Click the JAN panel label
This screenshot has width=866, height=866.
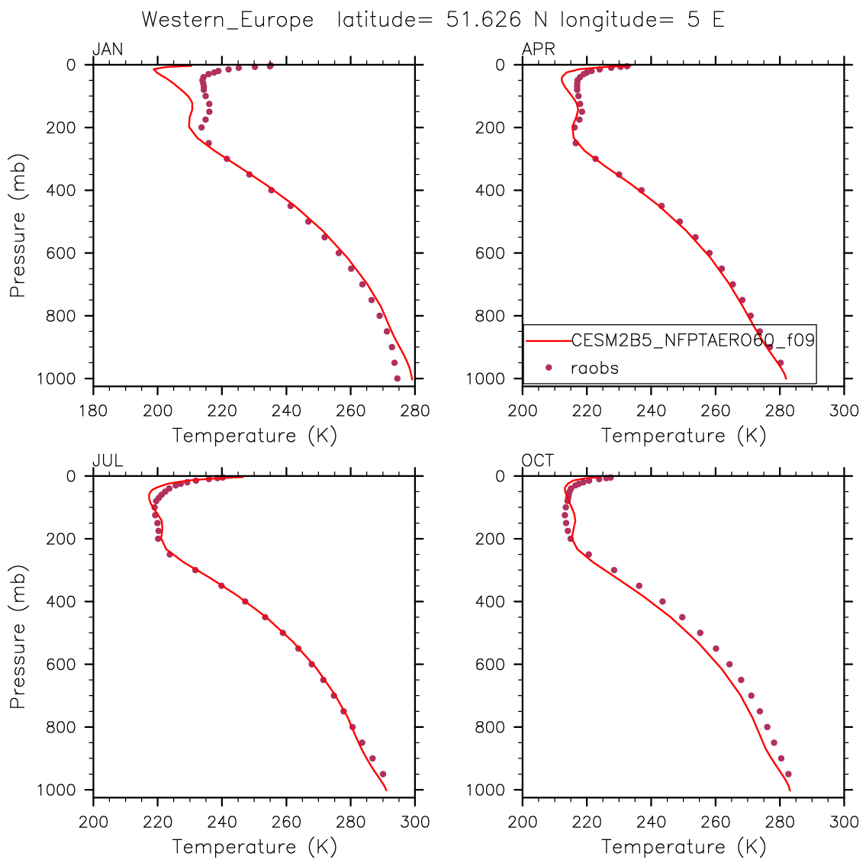point(108,50)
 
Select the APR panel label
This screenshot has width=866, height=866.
point(538,50)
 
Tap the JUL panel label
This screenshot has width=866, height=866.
point(108,461)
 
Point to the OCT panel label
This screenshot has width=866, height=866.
point(537,461)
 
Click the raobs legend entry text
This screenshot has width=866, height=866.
point(594,368)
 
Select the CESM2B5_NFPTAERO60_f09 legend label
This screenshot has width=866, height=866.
point(693,340)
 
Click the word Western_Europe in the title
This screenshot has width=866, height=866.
point(227,21)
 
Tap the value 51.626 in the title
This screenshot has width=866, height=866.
point(483,20)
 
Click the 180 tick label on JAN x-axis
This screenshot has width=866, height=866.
point(93,411)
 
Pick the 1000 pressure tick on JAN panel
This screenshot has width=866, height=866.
point(56,379)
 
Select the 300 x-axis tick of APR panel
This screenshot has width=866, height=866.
point(844,411)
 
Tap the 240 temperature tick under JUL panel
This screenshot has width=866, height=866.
point(221,823)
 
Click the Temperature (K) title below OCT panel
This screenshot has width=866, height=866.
point(683,847)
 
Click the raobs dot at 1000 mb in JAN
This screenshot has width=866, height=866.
point(397,379)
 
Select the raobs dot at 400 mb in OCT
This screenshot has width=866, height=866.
point(663,601)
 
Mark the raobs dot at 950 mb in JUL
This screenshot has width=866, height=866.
point(383,774)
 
